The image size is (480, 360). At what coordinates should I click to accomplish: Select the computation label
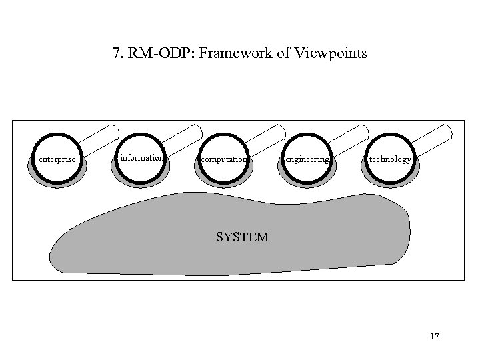(224, 160)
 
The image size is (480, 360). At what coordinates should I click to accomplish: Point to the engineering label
(307, 160)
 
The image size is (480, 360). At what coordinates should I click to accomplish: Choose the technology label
(391, 160)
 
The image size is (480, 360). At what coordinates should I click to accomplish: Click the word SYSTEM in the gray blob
(242, 237)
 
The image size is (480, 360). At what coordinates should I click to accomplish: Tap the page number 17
(435, 337)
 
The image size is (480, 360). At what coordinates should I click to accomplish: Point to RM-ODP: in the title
(165, 53)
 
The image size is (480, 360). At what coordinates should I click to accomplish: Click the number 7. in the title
(118, 53)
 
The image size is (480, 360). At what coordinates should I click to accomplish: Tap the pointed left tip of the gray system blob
(53, 256)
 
